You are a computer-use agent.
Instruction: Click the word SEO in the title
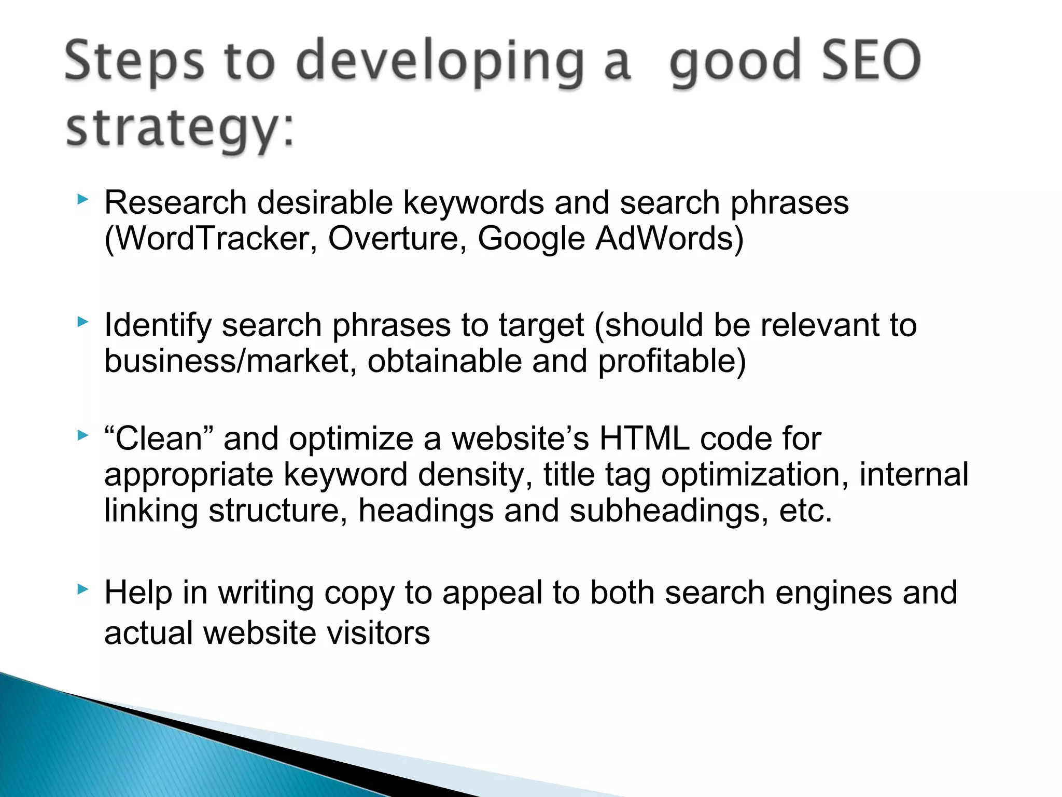coord(871,61)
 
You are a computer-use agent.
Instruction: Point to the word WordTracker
coord(210,239)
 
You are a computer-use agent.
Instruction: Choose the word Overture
coord(394,239)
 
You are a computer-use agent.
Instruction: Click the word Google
coord(531,239)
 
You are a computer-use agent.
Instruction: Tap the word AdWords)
coord(669,239)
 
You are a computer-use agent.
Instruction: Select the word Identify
coord(158,325)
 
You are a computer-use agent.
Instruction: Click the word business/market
coord(227,361)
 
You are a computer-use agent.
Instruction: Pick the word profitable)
coord(672,361)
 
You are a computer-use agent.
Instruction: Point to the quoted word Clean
coord(159,438)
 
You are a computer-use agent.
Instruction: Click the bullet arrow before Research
coord(82,199)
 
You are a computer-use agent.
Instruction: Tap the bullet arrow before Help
coord(82,589)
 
